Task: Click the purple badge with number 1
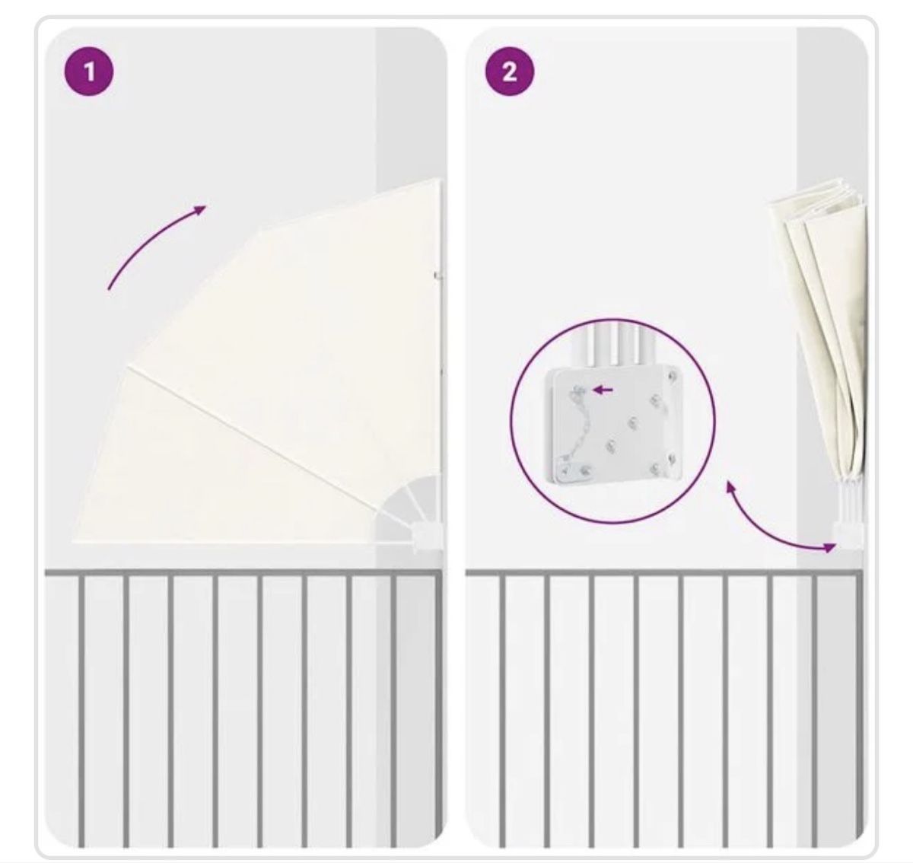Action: [89, 72]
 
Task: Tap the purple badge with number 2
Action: [509, 72]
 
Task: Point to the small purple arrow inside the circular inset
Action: [603, 390]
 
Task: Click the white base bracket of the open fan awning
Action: [428, 536]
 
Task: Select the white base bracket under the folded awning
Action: [847, 533]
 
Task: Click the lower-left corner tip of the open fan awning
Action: [74, 541]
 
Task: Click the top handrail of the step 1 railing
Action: [243, 572]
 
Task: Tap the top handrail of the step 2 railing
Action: [664, 572]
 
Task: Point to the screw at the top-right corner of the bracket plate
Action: [673, 377]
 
